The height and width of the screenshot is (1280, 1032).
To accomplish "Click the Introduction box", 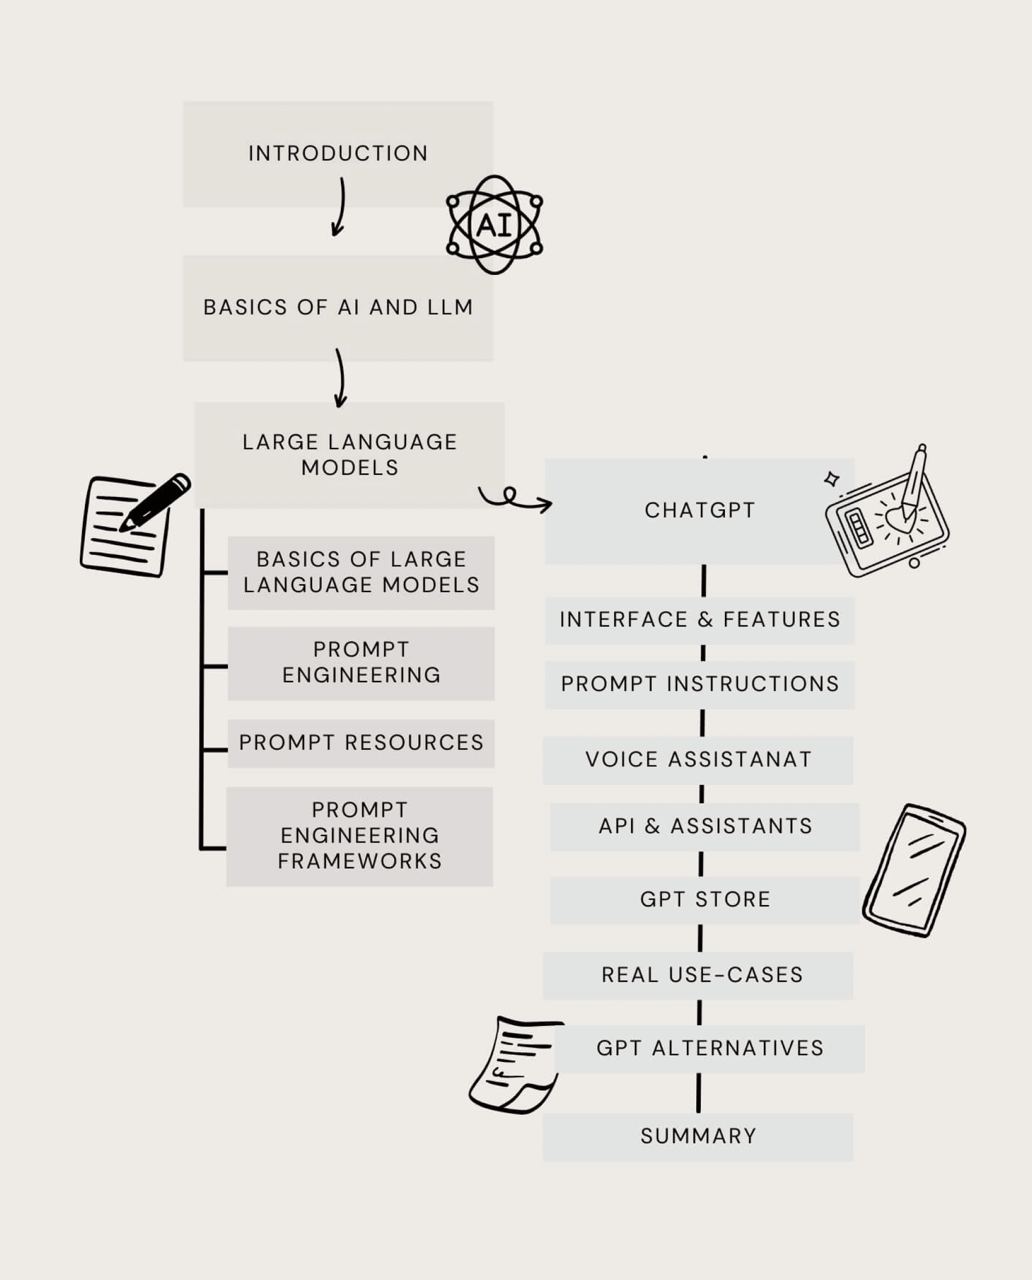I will (337, 153).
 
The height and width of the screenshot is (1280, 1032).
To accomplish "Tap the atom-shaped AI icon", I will (494, 225).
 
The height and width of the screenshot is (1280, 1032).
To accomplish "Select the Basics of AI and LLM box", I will (337, 308).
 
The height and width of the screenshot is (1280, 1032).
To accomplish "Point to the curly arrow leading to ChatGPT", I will (513, 498).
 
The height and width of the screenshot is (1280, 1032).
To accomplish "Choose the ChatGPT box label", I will (700, 510).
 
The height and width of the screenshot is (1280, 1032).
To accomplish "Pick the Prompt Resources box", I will (361, 743).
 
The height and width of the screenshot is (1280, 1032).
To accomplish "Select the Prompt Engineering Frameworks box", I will (360, 835).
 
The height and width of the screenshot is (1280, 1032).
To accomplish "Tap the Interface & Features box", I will (700, 620).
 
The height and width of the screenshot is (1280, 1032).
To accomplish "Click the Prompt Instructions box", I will (700, 684).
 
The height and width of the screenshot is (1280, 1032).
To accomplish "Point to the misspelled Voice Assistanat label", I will (698, 759).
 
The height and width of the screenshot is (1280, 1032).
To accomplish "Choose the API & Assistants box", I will (705, 826).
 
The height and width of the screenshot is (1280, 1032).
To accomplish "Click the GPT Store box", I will (705, 899).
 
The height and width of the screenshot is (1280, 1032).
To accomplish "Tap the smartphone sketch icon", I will (914, 870).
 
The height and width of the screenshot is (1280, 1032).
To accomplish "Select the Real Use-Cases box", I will (698, 975).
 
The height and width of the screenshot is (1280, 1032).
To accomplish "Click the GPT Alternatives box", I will (710, 1048).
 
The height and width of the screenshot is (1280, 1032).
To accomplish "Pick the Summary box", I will (698, 1136).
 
